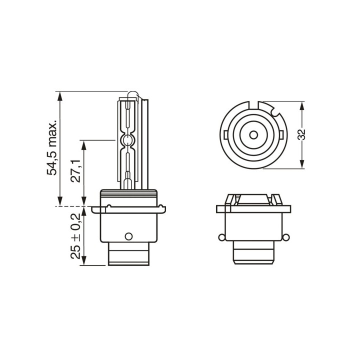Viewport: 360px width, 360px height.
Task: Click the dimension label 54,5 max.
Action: pyautogui.click(x=52, y=147)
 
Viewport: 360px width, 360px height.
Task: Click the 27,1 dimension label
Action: pyautogui.click(x=75, y=171)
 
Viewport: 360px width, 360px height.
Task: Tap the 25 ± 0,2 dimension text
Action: pyautogui.click(x=75, y=236)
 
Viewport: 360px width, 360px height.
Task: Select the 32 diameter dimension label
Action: pyautogui.click(x=301, y=135)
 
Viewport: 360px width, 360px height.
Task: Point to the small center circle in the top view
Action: pyautogui.click(x=253, y=135)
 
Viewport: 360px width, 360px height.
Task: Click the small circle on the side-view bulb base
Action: pyautogui.click(x=128, y=236)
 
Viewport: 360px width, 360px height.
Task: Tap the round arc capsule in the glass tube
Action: pyautogui.click(x=127, y=140)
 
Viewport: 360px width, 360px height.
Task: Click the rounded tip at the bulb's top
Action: pyautogui.click(x=132, y=94)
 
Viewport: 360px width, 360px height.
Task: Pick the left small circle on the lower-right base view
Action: pyautogui.click(x=221, y=237)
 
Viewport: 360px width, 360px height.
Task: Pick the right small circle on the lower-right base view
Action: pyautogui.click(x=285, y=237)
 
